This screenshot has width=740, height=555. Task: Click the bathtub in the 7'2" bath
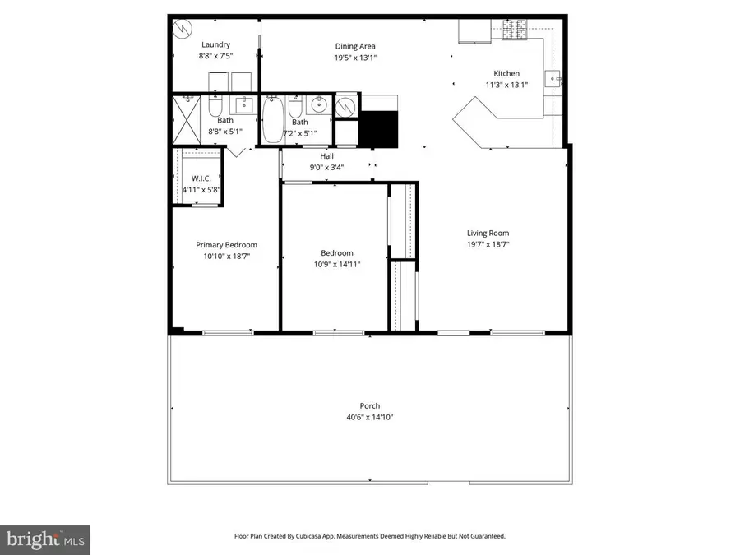coord(272,120)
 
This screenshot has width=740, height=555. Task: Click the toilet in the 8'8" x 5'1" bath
coord(215,108)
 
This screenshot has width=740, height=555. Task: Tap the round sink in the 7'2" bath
coord(319,105)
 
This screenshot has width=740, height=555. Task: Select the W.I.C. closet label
coord(201,179)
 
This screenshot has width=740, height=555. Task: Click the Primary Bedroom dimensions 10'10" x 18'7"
coord(225,257)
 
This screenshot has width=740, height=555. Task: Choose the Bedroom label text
coord(336,252)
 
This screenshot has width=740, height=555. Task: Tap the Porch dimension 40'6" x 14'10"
coord(369,417)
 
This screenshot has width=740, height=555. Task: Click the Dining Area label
coord(355,46)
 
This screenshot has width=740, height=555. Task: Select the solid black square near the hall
coord(379,127)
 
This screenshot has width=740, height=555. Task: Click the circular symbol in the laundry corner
coord(181,26)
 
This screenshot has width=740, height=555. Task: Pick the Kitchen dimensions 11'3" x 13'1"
coord(506,85)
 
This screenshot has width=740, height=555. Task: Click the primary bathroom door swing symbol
coord(238,151)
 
